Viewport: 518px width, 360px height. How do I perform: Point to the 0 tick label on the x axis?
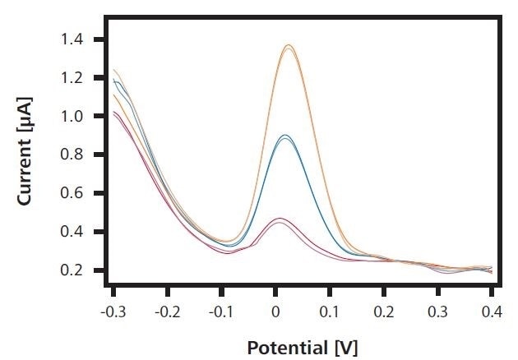275,313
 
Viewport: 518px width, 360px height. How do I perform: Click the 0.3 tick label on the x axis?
437,313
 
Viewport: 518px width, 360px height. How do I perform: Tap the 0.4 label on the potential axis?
491,313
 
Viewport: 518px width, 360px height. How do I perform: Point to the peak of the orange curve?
289,45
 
